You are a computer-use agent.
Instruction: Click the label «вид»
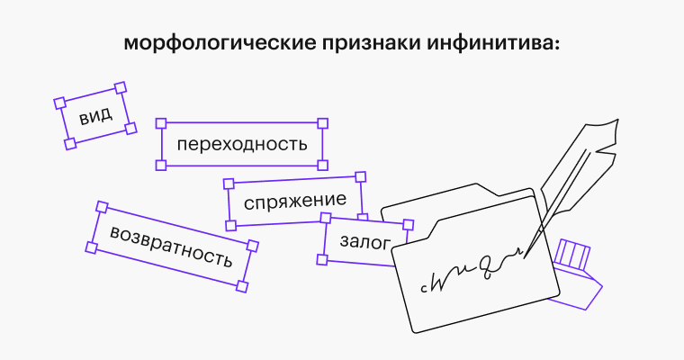tap(95, 116)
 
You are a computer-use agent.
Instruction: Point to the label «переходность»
tap(241, 144)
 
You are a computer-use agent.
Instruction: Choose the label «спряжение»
tap(295, 200)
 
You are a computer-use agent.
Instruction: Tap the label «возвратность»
tap(170, 247)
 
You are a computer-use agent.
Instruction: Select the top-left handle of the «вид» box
tap(59, 103)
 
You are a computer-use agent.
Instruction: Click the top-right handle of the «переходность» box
tap(323, 122)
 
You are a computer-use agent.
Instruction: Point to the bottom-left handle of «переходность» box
tap(161, 165)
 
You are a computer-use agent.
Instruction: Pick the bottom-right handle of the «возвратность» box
tap(241, 286)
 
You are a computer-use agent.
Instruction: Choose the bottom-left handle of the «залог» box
tap(323, 260)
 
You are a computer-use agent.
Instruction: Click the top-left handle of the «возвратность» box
tap(102, 206)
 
